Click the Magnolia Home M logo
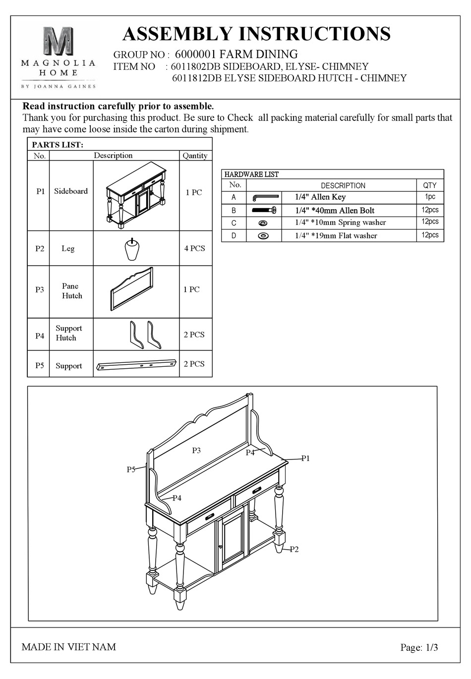click(x=58, y=42)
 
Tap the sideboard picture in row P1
click(x=136, y=196)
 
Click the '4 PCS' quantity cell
click(x=194, y=248)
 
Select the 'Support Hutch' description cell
click(x=68, y=333)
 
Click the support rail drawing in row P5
click(x=137, y=364)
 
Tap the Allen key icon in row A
click(x=265, y=197)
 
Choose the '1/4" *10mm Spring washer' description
click(x=340, y=223)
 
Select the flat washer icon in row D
click(x=263, y=236)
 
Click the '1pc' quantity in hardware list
click(x=430, y=197)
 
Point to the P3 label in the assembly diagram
click(x=196, y=451)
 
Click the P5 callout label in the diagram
click(x=131, y=469)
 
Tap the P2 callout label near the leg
click(x=294, y=549)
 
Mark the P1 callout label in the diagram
click(x=305, y=458)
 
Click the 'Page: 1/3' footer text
click(x=419, y=647)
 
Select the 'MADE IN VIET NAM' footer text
click(x=69, y=647)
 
